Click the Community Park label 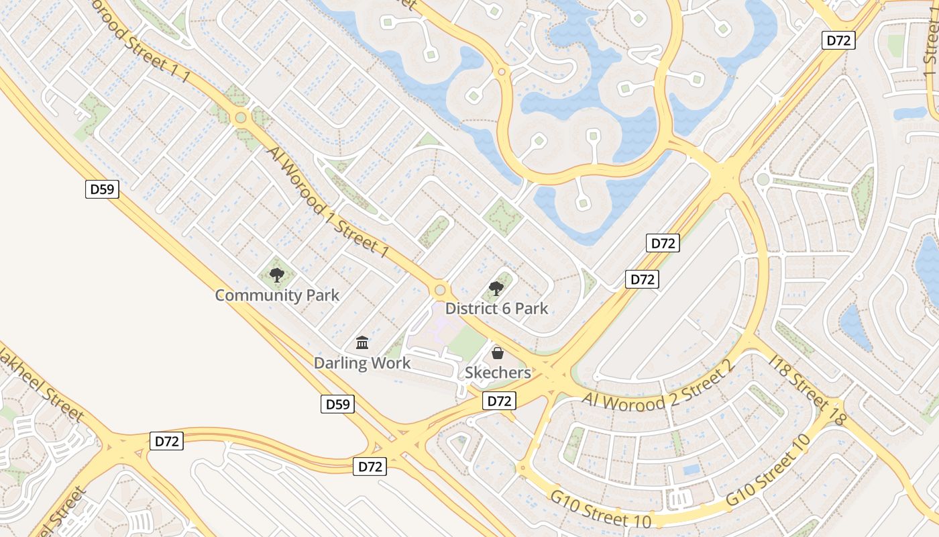click(x=277, y=295)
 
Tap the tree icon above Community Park click(x=276, y=275)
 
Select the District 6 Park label click(x=496, y=309)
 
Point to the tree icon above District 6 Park click(x=496, y=289)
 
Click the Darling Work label click(x=362, y=363)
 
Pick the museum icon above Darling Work click(x=362, y=343)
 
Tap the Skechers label click(x=498, y=373)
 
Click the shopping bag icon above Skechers click(x=498, y=353)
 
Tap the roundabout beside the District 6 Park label click(x=440, y=290)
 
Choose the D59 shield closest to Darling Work click(x=337, y=404)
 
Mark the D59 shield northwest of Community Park click(x=103, y=189)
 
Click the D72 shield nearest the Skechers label click(x=499, y=401)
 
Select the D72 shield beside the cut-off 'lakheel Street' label click(x=166, y=441)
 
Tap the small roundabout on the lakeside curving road click(x=501, y=71)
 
